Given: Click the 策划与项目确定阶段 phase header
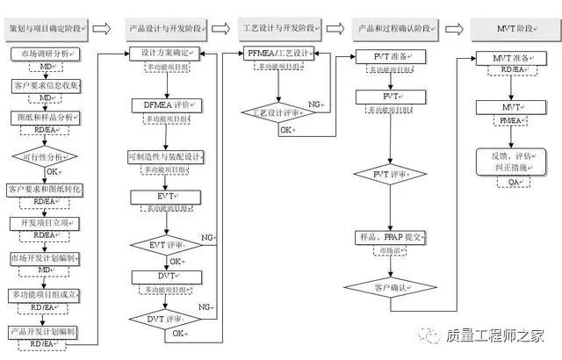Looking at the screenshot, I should click(46, 29).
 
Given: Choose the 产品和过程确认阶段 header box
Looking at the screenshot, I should click(400, 29).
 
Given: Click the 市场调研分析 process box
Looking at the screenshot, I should click(45, 54).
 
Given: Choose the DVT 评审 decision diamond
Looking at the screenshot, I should click(166, 318).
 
